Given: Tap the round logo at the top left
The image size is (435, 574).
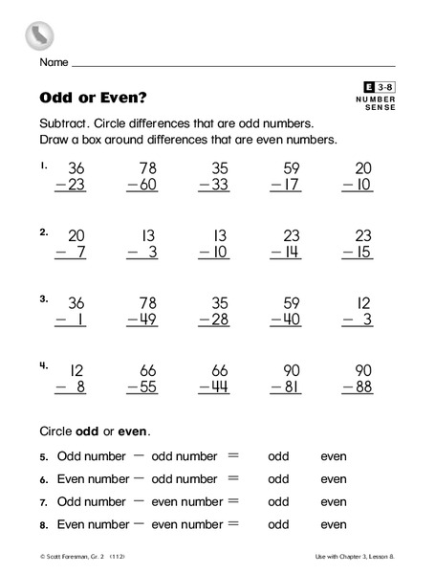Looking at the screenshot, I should click(38, 35).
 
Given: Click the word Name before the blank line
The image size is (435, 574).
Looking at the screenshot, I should click(54, 63).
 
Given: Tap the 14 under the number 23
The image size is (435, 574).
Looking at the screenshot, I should click(293, 253).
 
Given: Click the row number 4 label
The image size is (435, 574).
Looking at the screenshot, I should click(44, 364).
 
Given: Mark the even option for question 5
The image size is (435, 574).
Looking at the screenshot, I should click(334, 456).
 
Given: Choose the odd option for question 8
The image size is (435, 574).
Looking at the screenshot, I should click(278, 524).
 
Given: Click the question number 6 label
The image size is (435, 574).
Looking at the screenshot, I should click(44, 479).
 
